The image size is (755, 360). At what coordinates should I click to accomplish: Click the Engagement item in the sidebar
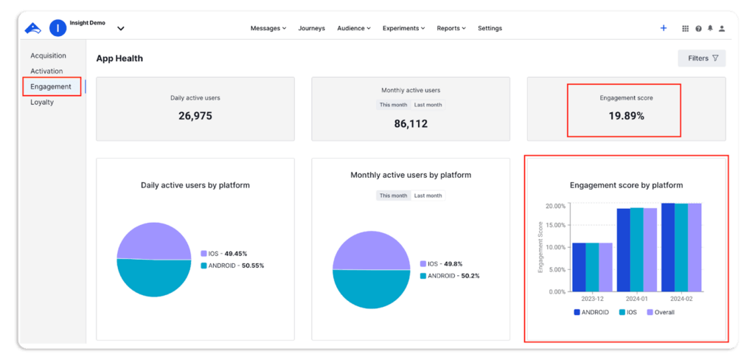click(x=51, y=86)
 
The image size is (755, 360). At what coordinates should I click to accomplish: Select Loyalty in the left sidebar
click(x=42, y=102)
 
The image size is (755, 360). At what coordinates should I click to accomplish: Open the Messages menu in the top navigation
click(x=268, y=28)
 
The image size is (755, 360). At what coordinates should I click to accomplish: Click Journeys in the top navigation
click(x=311, y=28)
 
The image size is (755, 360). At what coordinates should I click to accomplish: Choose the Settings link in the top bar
click(x=490, y=28)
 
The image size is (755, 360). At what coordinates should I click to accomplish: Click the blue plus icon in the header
click(x=664, y=28)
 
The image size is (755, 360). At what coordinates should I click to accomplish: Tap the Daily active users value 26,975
click(x=195, y=116)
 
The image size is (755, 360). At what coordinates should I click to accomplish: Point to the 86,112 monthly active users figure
click(x=411, y=124)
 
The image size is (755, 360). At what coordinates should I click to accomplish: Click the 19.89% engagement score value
click(x=626, y=116)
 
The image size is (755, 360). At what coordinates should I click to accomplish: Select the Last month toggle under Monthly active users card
click(x=428, y=105)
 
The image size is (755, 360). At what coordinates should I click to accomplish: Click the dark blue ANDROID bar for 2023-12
click(x=580, y=267)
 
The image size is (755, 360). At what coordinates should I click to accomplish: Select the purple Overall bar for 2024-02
click(x=695, y=247)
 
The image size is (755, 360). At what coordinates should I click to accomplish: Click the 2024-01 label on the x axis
click(x=636, y=300)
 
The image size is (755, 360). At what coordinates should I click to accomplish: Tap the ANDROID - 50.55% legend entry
click(x=232, y=265)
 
